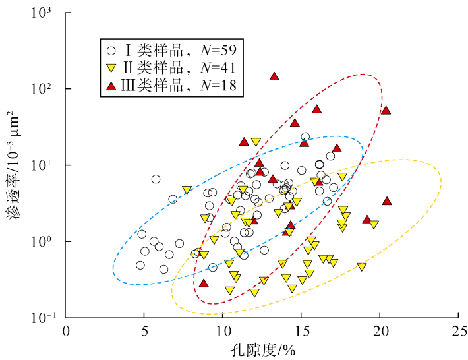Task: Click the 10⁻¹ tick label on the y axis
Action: click(x=46, y=318)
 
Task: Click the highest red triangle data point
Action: click(x=274, y=76)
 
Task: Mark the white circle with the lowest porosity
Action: click(x=140, y=265)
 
